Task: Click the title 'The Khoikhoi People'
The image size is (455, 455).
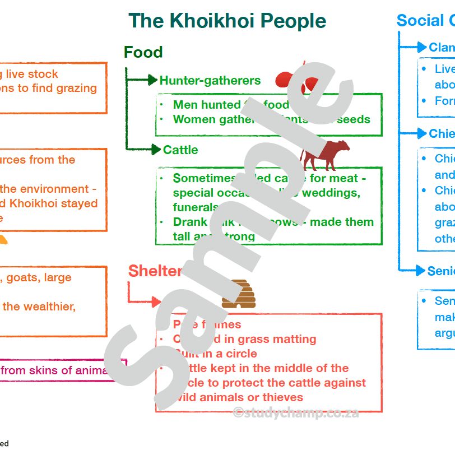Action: [x=227, y=21]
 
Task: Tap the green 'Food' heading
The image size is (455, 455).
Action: [x=143, y=52]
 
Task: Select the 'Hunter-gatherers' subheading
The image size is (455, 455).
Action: [x=210, y=81]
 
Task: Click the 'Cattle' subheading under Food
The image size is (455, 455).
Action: [x=180, y=150]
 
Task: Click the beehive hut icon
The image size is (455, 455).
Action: [x=238, y=294]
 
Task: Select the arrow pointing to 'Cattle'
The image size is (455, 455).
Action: [x=154, y=149]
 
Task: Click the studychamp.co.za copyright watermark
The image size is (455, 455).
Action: [x=295, y=414]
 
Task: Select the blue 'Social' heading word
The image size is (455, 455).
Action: [x=420, y=21]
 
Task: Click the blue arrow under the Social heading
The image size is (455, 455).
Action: [x=420, y=47]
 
